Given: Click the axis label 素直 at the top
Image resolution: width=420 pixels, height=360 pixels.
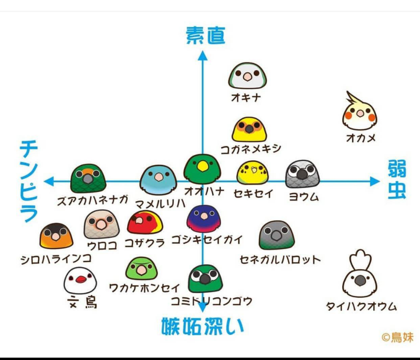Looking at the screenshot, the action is point(205,35).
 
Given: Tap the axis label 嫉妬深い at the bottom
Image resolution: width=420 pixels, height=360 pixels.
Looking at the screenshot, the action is point(203,326).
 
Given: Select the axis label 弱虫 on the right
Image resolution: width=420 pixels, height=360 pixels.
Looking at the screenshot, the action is point(397,179).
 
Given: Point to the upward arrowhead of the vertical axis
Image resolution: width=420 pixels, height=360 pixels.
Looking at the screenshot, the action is point(203,55).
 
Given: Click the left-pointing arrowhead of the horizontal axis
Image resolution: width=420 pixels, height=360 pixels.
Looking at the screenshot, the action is point(49,181).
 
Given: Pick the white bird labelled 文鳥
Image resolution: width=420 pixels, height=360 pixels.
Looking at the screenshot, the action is point(80,281).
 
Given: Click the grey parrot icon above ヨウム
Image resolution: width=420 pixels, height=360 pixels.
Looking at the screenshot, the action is point(302,174).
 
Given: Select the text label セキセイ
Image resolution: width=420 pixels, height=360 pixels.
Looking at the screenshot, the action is point(253,193).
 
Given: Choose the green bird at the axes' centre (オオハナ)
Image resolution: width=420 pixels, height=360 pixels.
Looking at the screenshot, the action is point(202,169).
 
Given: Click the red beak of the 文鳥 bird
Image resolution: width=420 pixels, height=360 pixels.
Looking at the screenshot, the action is point(81,280).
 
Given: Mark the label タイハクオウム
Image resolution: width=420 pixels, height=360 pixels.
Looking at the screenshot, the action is point(361,306).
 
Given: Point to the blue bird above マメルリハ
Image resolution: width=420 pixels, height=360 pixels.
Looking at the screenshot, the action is point(159,180).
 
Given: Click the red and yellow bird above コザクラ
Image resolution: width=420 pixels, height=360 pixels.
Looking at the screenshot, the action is point(145,222).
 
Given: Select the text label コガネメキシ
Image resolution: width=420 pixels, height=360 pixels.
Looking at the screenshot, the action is point(251,149).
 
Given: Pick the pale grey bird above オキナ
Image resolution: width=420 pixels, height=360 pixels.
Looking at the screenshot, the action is point(247,76).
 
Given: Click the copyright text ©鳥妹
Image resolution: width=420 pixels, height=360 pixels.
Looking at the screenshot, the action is point(397,337).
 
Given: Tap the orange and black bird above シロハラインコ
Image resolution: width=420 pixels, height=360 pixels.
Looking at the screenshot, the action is point(56,236).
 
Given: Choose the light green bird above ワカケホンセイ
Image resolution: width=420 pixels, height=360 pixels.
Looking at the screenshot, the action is point(141,269).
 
